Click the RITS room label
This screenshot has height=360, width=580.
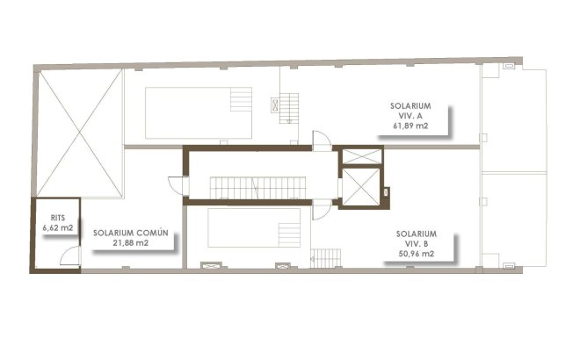coord(57,217)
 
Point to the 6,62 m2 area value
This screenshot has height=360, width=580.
coord(57,227)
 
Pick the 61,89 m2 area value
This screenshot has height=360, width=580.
coord(410,126)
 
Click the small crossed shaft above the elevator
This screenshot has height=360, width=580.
coord(362,156)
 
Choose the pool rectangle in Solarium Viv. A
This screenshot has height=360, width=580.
coord(198,111)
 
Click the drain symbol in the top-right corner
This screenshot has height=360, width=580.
coord(507,68)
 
